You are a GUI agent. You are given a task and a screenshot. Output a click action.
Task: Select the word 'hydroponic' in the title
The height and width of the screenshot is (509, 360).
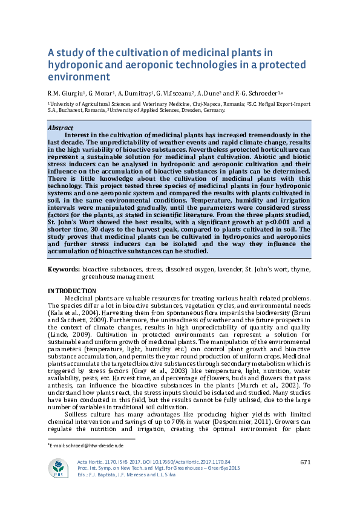[x=76, y=65]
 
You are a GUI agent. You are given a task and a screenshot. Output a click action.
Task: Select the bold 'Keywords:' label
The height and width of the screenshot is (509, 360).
[x=64, y=268]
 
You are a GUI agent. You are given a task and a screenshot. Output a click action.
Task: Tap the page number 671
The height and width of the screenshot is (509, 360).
[x=305, y=462]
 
